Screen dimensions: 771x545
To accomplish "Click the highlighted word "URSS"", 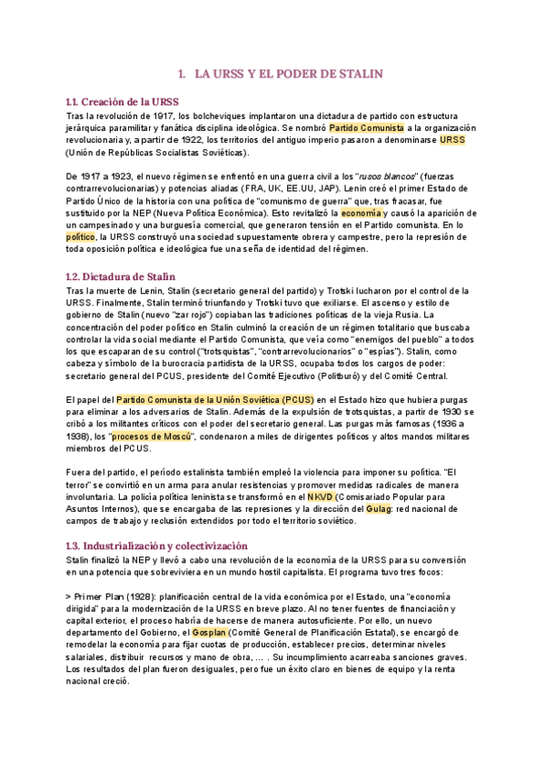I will point(451,140).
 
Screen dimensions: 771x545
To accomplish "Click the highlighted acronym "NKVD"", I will point(320,498).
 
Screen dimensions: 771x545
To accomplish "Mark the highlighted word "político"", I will point(81,237).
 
